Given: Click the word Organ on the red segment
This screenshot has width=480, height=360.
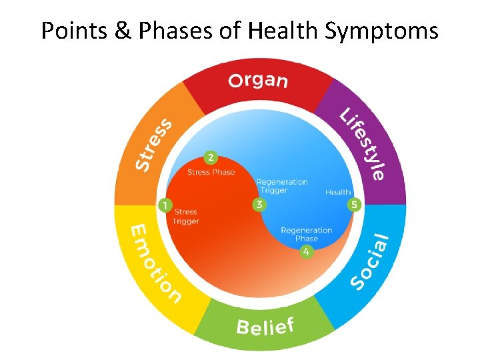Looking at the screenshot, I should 258,81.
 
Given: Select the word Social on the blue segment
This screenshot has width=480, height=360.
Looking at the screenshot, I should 369,262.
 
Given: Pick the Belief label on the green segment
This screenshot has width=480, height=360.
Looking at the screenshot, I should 265,327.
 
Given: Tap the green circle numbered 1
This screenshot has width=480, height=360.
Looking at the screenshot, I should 165,205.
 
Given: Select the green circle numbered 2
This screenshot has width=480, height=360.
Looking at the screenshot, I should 211,158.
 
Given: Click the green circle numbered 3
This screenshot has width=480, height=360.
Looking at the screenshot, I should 259,205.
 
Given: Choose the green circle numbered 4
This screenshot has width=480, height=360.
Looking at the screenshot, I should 306,251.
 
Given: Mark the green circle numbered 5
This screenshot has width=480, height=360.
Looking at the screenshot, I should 354,205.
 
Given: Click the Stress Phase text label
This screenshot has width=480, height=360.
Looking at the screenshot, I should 211,173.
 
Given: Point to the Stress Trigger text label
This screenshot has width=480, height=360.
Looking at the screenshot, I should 185,217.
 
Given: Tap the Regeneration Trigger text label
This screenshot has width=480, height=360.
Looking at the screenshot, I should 282,186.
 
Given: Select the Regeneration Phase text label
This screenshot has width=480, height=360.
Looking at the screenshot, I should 306,234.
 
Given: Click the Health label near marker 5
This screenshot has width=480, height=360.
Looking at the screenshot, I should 338,193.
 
